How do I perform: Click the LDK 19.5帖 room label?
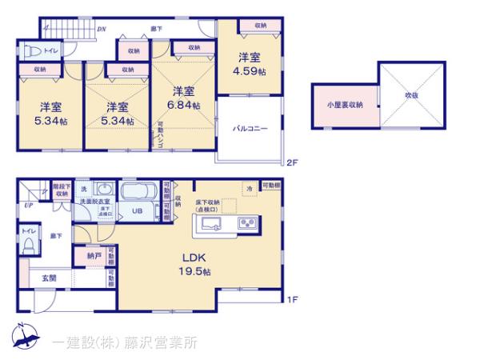[195, 265]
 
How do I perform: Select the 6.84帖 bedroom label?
[185, 98]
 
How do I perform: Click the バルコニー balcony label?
[250, 129]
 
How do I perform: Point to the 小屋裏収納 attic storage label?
[344, 105]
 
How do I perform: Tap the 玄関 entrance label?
[49, 278]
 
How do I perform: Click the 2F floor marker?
[293, 163]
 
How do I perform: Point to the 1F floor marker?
[293, 300]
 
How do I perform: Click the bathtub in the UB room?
[142, 193]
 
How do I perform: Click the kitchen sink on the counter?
[213, 223]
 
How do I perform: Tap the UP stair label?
[29, 206]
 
